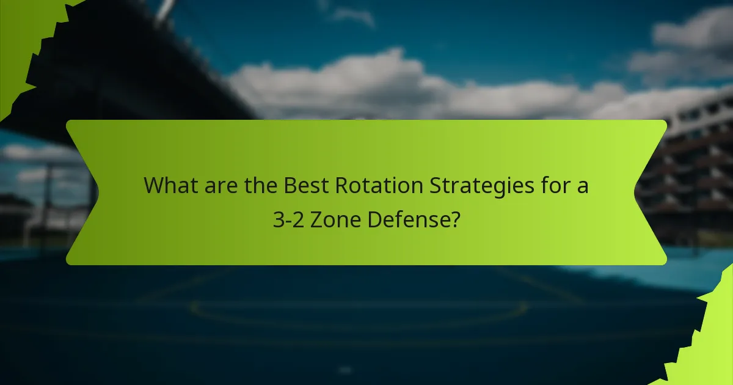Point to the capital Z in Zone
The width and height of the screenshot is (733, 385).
click(316, 220)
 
